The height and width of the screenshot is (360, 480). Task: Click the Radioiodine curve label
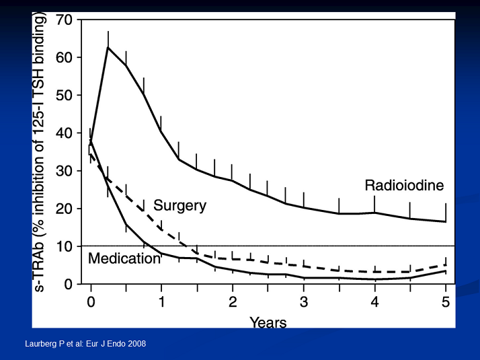tap(404, 185)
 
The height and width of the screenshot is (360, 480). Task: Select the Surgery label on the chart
tap(179, 206)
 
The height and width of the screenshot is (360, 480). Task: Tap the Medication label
tap(124, 258)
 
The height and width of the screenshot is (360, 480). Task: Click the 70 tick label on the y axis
tap(65, 20)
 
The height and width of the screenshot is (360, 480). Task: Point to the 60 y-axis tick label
tap(65, 58)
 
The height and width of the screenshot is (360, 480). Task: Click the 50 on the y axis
tap(65, 96)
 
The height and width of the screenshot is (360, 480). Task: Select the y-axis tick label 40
tap(65, 133)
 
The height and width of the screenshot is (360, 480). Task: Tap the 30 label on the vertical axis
tap(65, 171)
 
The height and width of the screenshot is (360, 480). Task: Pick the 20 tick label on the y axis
tap(65, 209)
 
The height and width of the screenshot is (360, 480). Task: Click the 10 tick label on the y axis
tap(65, 246)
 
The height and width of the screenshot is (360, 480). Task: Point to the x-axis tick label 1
tap(161, 302)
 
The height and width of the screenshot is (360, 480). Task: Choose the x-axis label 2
tap(233, 302)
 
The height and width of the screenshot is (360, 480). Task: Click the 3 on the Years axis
tap(304, 302)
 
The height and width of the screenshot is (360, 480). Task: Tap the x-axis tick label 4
tap(374, 302)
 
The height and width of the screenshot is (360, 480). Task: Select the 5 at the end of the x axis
tap(446, 302)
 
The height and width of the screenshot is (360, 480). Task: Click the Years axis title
tap(268, 322)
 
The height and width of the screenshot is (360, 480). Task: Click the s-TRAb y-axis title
tap(39, 151)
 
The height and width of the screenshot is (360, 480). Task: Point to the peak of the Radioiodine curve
tap(108, 47)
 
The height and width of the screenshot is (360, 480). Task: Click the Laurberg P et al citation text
tap(85, 344)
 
